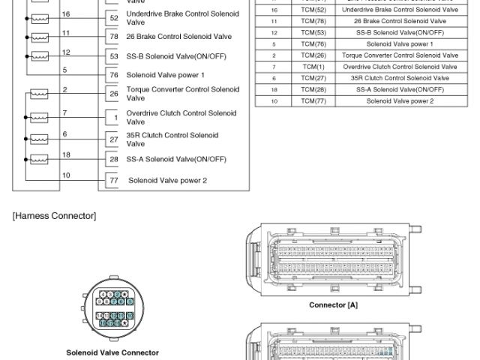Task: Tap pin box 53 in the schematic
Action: click(x=113, y=57)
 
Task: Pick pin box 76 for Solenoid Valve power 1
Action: click(x=113, y=75)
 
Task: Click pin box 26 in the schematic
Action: click(x=113, y=94)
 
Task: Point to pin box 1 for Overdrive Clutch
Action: click(x=113, y=118)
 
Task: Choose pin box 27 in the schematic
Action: click(x=113, y=139)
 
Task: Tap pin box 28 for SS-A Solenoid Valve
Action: click(x=113, y=159)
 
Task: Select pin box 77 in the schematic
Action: click(x=113, y=180)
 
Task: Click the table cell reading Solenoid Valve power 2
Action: click(x=399, y=100)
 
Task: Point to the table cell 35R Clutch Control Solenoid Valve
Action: click(x=399, y=78)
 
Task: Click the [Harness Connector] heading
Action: click(x=54, y=216)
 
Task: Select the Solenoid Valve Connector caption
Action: click(x=112, y=352)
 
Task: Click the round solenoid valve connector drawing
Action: click(x=112, y=308)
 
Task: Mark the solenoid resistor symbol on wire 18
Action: click(x=37, y=159)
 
